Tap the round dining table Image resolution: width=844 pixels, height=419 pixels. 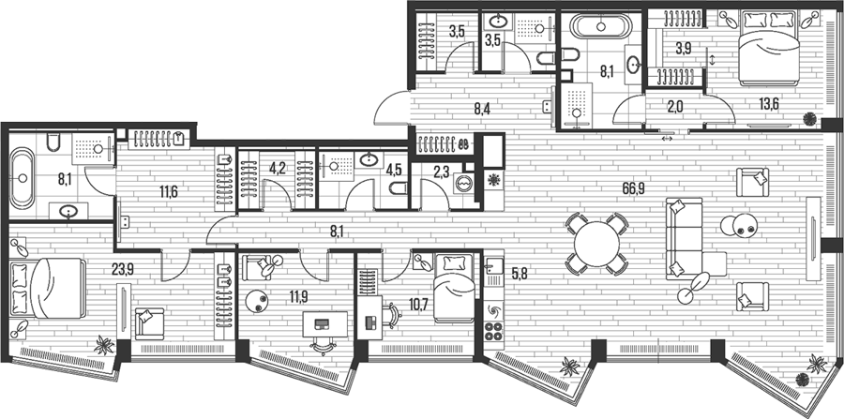596,245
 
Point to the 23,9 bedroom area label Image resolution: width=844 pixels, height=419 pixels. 122,269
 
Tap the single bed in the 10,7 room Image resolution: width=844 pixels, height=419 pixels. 454,288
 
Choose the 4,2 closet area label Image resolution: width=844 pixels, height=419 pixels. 278,169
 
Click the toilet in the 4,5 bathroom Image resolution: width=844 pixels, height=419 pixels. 398,188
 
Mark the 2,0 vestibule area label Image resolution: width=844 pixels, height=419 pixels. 675,106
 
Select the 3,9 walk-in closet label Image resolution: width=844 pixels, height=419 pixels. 683,47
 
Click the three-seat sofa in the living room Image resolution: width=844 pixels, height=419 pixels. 685,238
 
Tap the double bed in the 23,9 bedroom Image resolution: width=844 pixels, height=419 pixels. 49,288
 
